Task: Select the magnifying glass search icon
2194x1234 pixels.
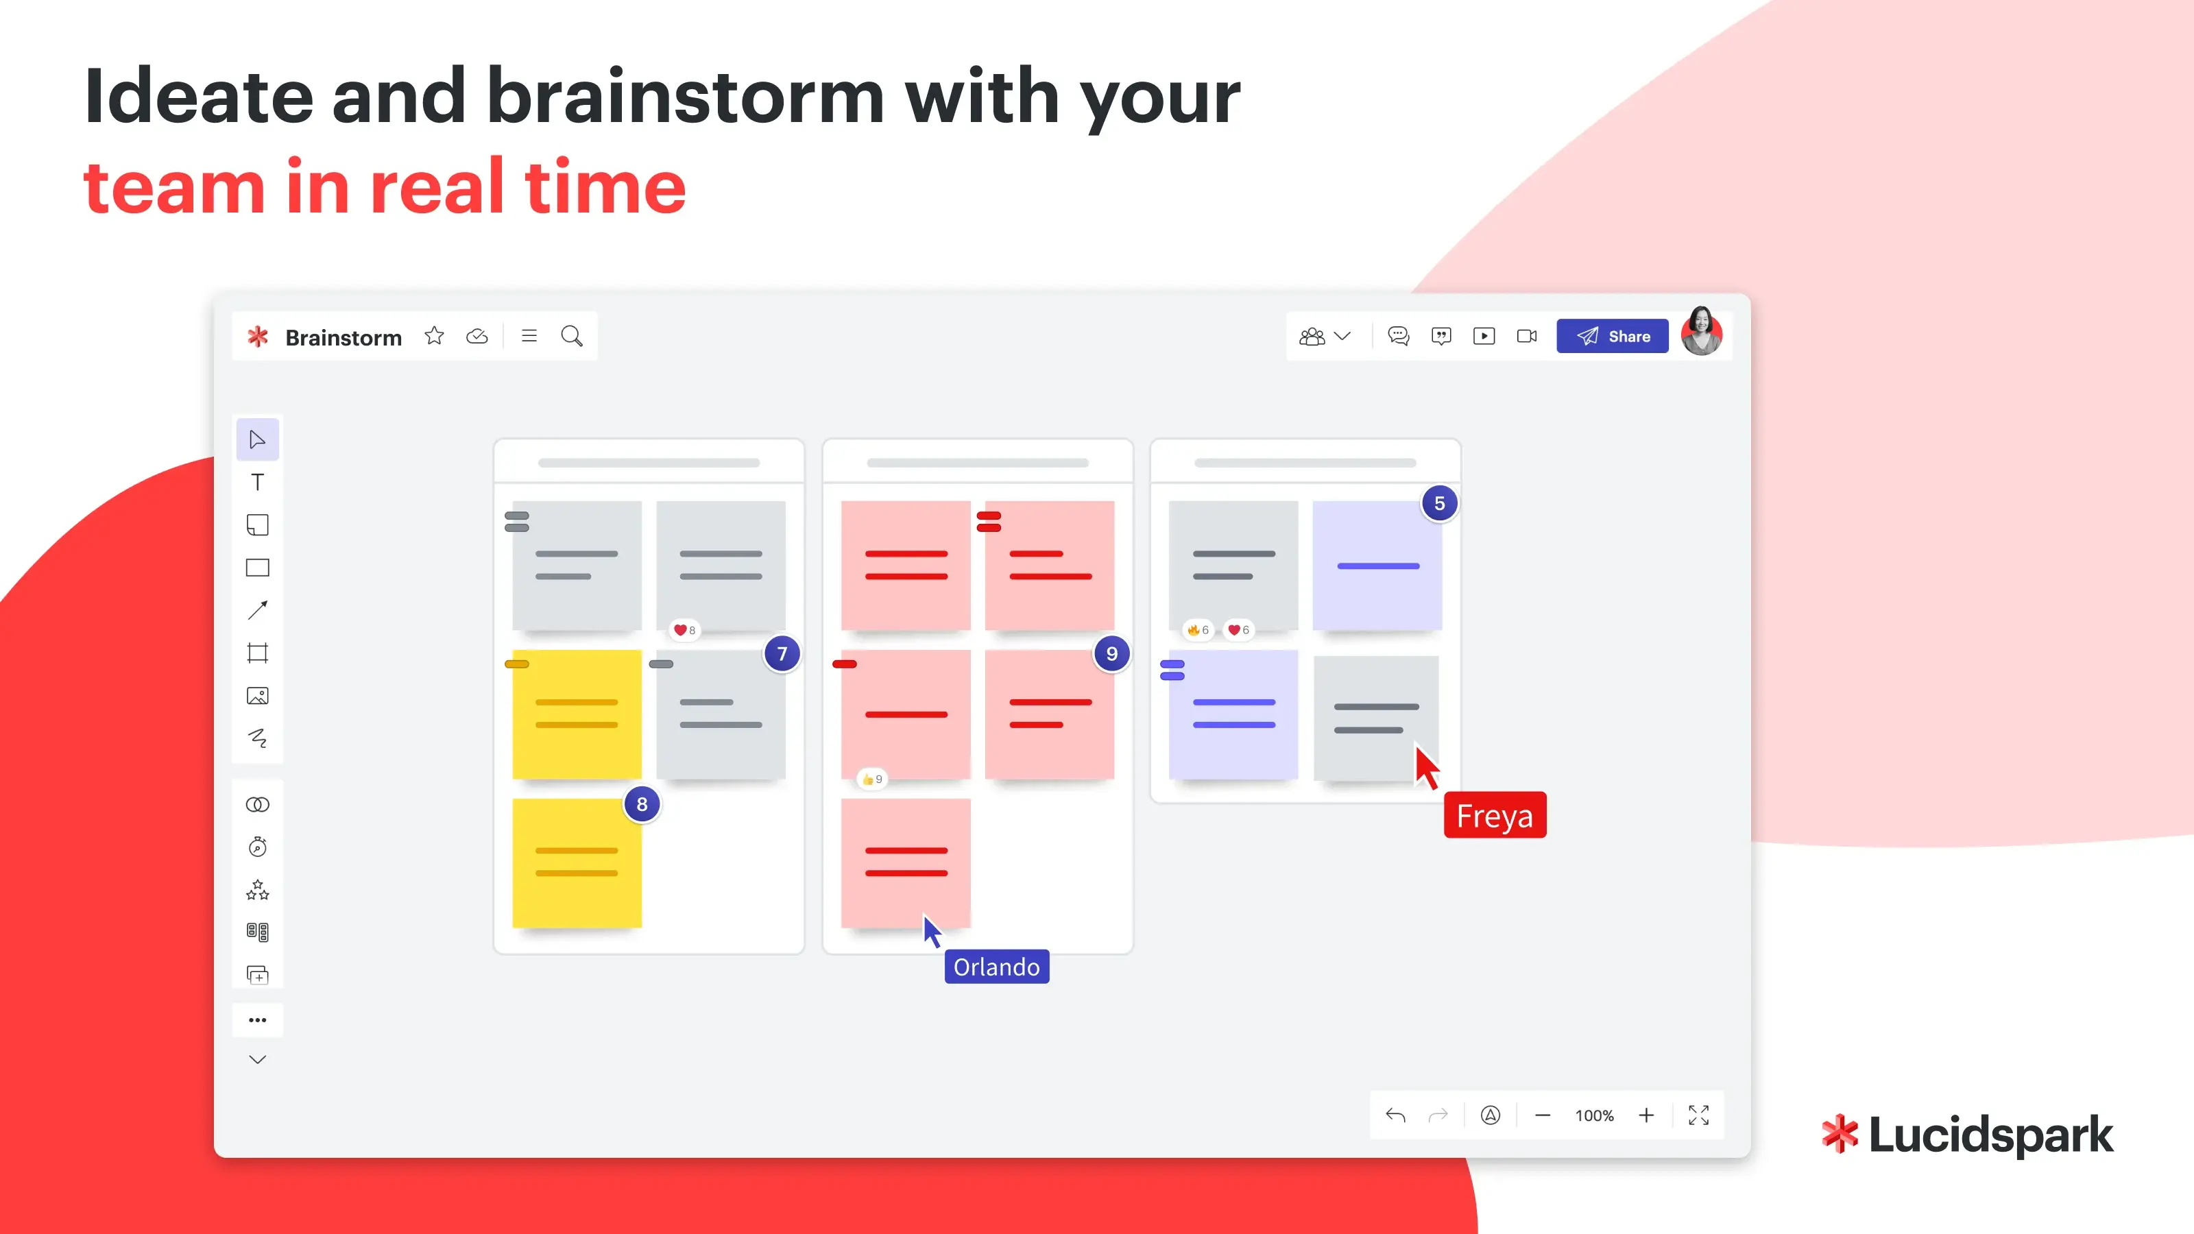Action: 572,337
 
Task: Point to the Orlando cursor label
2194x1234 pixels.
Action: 996,967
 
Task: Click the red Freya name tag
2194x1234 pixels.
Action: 1495,815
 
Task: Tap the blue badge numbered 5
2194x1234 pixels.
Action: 1439,503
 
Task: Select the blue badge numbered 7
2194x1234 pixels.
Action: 782,653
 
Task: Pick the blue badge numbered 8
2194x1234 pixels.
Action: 642,804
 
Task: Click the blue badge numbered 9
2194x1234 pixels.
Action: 1111,653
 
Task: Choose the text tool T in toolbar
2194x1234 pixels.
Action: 257,482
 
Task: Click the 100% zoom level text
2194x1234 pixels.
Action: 1594,1115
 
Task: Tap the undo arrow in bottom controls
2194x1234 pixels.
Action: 1395,1115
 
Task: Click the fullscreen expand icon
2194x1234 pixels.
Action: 1698,1115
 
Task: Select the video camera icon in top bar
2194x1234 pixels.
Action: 1526,337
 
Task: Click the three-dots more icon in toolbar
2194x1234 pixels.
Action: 257,1019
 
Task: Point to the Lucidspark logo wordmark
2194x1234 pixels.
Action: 1968,1135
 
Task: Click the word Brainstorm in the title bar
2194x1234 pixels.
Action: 343,337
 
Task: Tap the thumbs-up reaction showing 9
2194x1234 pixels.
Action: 872,779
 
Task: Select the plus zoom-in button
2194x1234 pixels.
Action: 1646,1115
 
